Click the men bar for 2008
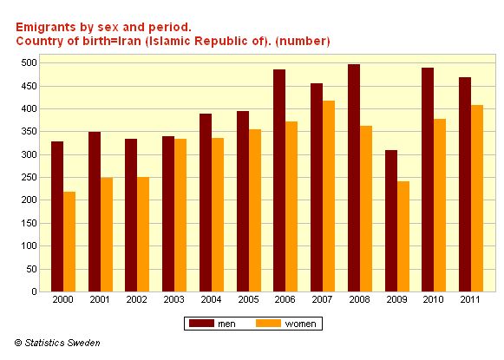(x=354, y=178)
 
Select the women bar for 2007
(x=329, y=196)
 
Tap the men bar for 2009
(x=391, y=221)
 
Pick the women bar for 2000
(x=69, y=242)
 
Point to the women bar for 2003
(x=180, y=215)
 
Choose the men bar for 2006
(x=279, y=180)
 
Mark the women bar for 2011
(x=477, y=199)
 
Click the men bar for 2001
(x=95, y=212)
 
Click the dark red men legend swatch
(x=201, y=324)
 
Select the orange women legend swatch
(x=268, y=324)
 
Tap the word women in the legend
(x=300, y=324)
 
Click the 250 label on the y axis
(x=29, y=178)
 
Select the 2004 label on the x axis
(x=211, y=299)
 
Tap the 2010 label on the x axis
(x=433, y=299)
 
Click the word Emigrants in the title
(x=46, y=28)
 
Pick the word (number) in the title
(x=303, y=42)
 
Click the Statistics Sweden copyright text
(x=57, y=343)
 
